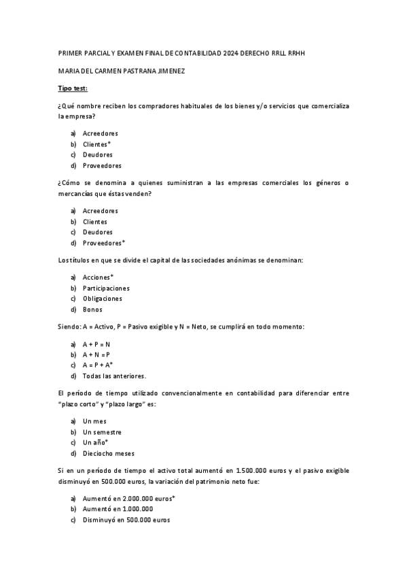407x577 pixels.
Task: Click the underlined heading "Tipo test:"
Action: coord(73,88)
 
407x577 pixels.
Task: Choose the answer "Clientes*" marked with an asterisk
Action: coord(97,144)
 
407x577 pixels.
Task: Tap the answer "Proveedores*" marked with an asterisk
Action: coord(104,243)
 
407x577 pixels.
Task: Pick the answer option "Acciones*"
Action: coord(99,277)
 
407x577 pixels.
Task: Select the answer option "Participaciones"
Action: coord(106,288)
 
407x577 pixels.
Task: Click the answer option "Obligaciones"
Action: coord(103,299)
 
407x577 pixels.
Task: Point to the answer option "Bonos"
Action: coord(92,310)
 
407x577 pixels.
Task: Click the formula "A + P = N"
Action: coord(96,344)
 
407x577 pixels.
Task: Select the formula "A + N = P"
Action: coord(96,355)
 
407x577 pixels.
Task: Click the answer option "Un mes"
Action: coord(94,421)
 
